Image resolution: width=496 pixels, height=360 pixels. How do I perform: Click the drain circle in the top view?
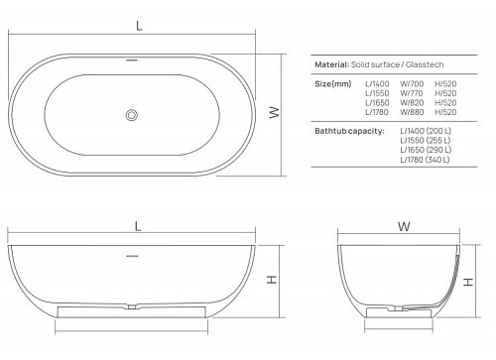pyautogui.click(x=131, y=115)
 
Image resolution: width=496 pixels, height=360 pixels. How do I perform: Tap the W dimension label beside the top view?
pyautogui.click(x=273, y=114)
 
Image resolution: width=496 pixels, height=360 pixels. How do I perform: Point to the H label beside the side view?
pyautogui.click(x=272, y=281)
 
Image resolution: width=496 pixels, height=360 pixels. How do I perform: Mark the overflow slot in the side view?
pyautogui.click(x=132, y=254)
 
